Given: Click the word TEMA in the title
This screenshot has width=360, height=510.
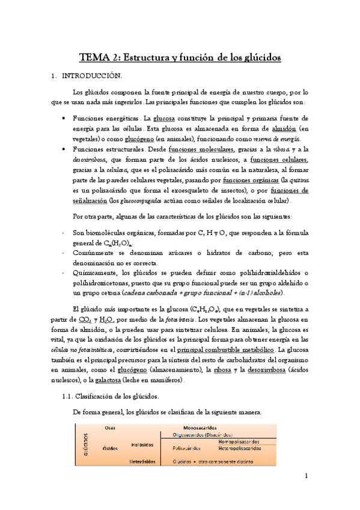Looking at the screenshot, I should pyautogui.click(x=94, y=57).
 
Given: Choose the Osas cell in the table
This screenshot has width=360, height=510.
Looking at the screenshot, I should pyautogui.click(x=110, y=428).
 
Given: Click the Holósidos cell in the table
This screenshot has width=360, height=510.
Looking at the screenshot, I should pyautogui.click(x=141, y=444).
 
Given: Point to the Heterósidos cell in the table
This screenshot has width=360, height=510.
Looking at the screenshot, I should pyautogui.click(x=142, y=461).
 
